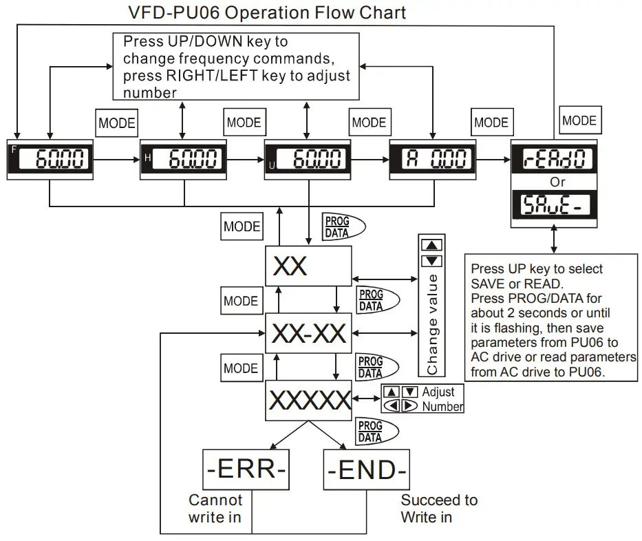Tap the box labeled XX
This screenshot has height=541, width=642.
click(308, 266)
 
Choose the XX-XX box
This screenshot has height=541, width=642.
click(308, 333)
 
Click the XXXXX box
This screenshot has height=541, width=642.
click(308, 400)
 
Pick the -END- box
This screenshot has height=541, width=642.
click(366, 470)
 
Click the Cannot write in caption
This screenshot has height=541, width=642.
click(215, 508)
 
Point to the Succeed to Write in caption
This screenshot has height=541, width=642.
click(439, 508)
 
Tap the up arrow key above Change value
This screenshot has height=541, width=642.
click(431, 246)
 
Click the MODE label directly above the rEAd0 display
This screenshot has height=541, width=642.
click(579, 120)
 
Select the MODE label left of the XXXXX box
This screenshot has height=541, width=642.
click(242, 368)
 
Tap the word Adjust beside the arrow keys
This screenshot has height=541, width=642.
click(438, 392)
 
